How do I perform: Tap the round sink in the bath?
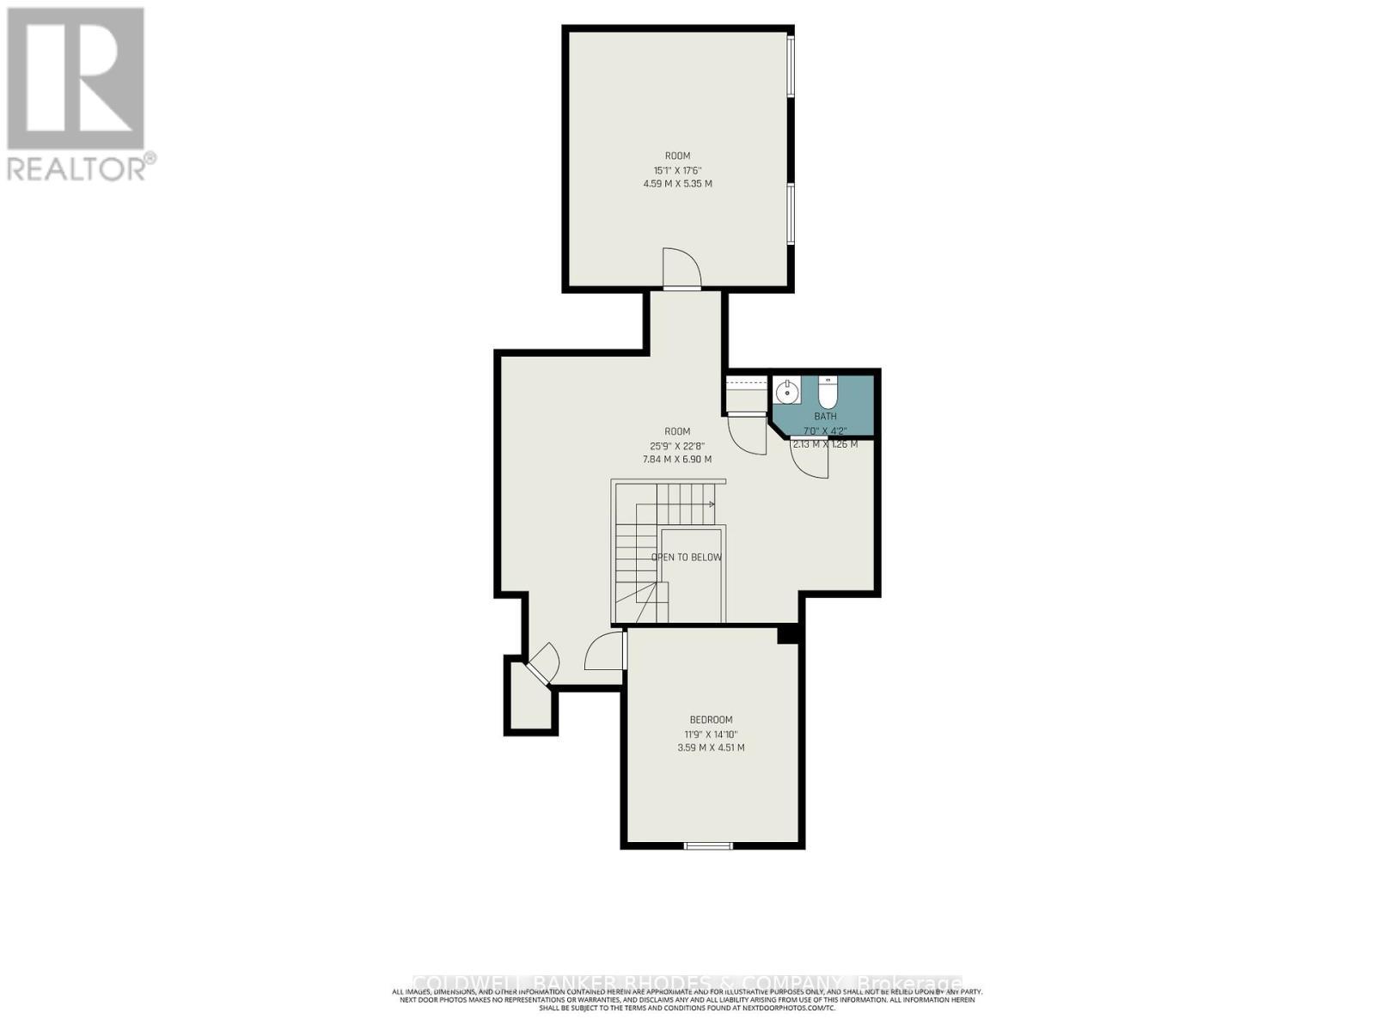(x=786, y=392)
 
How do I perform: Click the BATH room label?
(x=825, y=417)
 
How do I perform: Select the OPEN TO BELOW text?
(x=686, y=558)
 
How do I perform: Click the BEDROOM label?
(x=711, y=720)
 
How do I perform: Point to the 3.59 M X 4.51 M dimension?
(x=711, y=748)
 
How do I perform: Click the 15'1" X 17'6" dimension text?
(x=677, y=170)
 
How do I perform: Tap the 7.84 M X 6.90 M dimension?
(x=677, y=460)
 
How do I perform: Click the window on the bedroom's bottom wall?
(x=709, y=846)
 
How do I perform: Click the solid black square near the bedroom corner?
(x=788, y=634)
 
